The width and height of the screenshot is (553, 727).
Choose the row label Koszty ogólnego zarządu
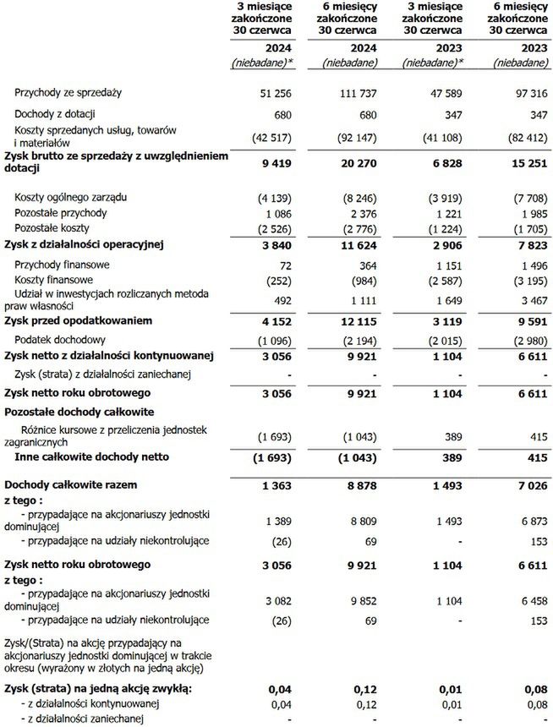coord(72,197)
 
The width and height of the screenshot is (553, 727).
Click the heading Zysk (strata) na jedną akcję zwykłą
coord(98,689)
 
